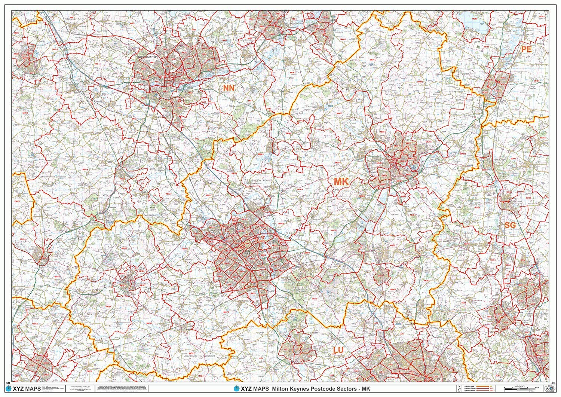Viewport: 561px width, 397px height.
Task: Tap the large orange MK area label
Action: tap(341, 182)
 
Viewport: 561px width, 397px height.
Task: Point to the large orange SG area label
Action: tap(510, 225)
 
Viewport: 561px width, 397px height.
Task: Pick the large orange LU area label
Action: tap(338, 350)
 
